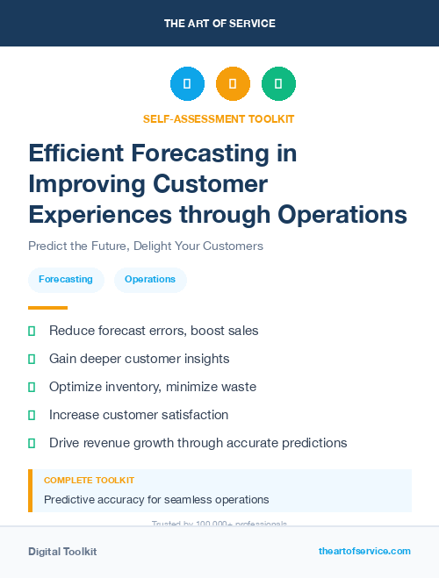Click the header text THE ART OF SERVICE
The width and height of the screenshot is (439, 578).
point(219,24)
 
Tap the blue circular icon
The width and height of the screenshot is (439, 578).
point(187,83)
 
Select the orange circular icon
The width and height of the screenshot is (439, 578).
point(233,83)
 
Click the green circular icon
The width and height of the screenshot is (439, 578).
point(278,83)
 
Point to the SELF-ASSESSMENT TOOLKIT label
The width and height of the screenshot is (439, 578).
point(219,118)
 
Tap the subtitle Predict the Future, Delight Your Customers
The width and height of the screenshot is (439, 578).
point(146,246)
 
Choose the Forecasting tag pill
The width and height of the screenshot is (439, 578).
point(66,279)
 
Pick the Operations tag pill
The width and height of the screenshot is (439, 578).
point(150,279)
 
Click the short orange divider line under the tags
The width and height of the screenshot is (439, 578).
point(47,308)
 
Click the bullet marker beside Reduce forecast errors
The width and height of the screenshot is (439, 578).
point(32,331)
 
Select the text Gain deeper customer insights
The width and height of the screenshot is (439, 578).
point(139,359)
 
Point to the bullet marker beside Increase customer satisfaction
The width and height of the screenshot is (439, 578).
point(32,415)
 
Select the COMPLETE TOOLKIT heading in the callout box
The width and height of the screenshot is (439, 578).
point(89,481)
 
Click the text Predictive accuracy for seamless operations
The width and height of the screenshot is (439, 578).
point(156,499)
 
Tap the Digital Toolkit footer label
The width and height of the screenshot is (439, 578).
point(62,552)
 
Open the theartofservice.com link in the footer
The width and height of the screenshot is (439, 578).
point(364,551)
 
